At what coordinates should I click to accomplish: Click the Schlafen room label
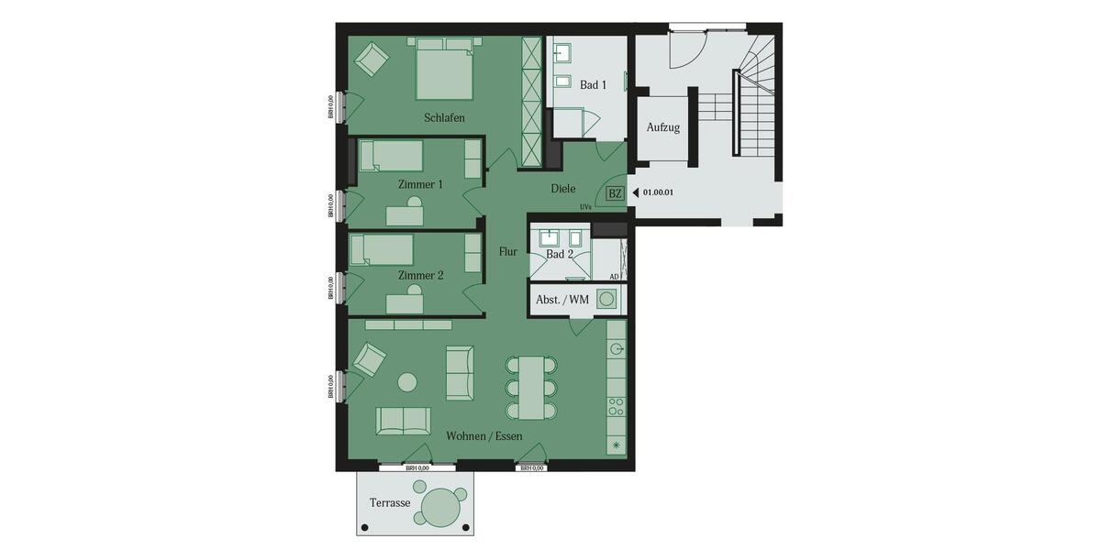[x=444, y=118]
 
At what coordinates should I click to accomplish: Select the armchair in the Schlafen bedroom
[x=372, y=60]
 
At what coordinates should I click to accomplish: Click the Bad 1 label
[x=593, y=85]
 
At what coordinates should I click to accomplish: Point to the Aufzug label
[x=662, y=127]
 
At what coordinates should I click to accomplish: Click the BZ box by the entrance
[x=615, y=193]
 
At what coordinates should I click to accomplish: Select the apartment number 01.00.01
[x=658, y=193]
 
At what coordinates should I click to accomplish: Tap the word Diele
[x=562, y=189]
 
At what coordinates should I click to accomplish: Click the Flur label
[x=507, y=251]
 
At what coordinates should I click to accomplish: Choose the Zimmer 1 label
[x=420, y=184]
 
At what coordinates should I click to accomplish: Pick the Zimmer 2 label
[x=420, y=275]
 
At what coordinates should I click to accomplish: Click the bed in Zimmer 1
[x=390, y=156]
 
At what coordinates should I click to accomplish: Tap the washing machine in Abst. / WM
[x=606, y=299]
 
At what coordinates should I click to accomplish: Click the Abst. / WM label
[x=562, y=300]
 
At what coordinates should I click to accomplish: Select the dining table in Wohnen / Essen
[x=531, y=386]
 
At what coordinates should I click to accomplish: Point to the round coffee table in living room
[x=406, y=381]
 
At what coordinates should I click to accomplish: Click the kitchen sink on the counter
[x=617, y=349]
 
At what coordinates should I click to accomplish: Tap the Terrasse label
[x=389, y=503]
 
